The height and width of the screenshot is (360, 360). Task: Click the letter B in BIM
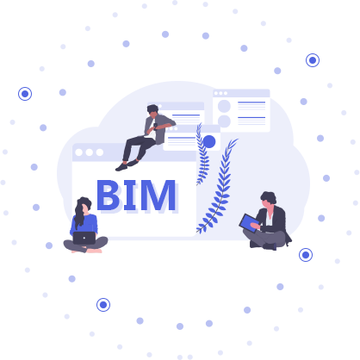[108, 195]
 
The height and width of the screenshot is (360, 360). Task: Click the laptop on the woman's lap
[84, 238]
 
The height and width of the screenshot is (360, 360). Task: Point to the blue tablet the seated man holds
[249, 223]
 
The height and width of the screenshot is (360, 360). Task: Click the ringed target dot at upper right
[313, 60]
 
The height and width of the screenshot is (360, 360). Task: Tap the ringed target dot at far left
[25, 94]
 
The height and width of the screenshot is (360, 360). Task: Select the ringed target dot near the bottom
[103, 305]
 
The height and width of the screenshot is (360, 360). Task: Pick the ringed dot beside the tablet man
[306, 255]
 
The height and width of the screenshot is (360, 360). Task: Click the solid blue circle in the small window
[209, 141]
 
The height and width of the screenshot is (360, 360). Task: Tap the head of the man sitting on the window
[152, 110]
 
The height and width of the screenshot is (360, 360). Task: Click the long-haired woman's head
[84, 205]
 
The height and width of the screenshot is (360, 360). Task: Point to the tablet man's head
[269, 199]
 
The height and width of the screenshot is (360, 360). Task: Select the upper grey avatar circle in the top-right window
[224, 106]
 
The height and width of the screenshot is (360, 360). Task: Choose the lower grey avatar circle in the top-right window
[224, 121]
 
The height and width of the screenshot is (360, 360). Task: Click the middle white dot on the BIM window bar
[90, 152]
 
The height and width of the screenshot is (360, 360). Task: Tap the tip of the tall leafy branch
[238, 140]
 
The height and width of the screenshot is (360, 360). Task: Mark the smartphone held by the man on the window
[155, 127]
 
